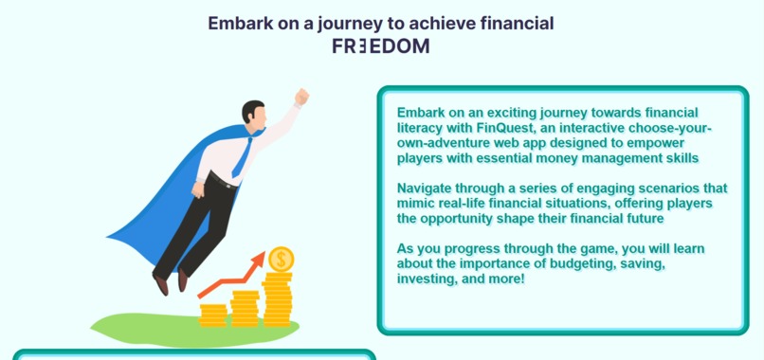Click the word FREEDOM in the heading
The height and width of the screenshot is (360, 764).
point(380,45)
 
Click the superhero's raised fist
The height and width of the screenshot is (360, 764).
point(301,97)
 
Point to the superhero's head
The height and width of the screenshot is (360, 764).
point(253,114)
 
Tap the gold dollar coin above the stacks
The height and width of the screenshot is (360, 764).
point(281,259)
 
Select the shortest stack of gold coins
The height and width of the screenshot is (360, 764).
point(213,315)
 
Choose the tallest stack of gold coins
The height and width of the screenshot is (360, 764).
point(278,298)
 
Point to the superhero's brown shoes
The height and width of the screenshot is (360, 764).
point(172,281)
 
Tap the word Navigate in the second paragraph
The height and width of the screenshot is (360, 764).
point(427,188)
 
